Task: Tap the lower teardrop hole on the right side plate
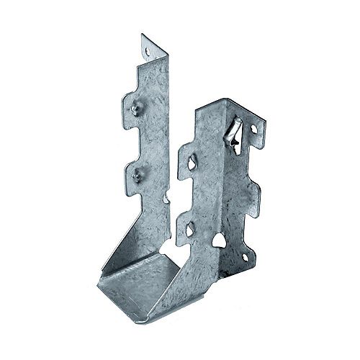[190, 230]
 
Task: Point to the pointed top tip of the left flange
[143, 35]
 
